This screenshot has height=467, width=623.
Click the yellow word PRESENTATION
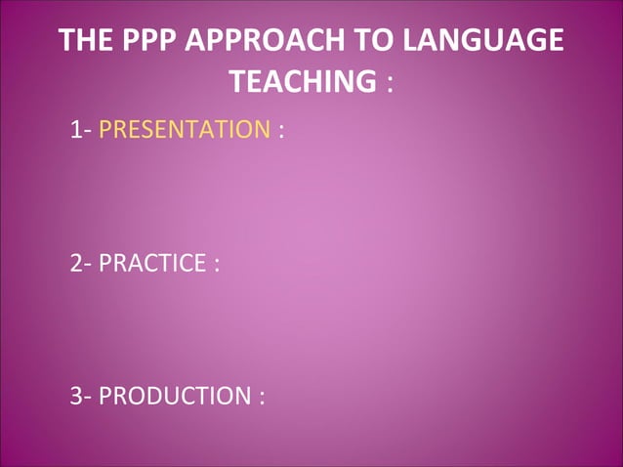point(185,129)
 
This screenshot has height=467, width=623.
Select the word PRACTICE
point(152,263)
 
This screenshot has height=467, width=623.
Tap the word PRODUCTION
point(175,397)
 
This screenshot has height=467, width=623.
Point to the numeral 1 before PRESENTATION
point(75,129)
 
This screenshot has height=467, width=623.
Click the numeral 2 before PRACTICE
point(76,263)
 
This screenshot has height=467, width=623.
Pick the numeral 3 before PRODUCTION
point(76,397)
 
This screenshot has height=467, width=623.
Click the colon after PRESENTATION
point(281,131)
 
